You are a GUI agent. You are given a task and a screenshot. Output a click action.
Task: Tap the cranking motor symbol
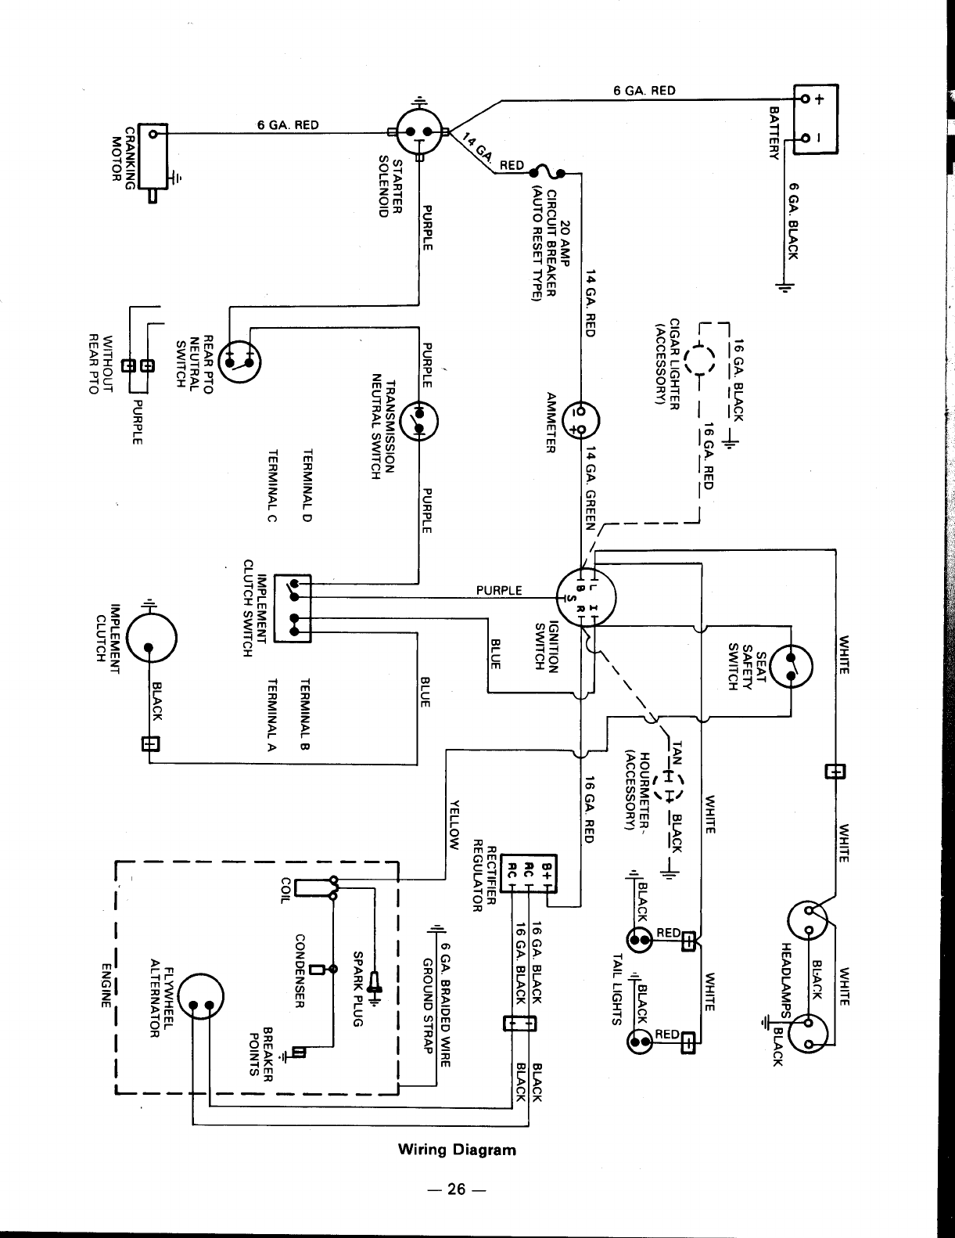[153, 156]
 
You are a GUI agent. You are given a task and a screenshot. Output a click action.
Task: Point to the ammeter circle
[580, 420]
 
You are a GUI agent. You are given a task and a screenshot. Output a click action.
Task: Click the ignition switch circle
[586, 597]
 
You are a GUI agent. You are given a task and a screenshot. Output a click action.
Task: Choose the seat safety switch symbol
[791, 666]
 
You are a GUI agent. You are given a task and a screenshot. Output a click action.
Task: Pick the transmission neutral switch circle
[419, 421]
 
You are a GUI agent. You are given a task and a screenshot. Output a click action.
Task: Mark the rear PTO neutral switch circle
[239, 362]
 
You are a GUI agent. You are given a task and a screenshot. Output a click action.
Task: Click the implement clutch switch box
[293, 609]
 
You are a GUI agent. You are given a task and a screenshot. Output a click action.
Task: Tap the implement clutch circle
[151, 638]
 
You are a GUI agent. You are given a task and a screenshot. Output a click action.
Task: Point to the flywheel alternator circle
[201, 996]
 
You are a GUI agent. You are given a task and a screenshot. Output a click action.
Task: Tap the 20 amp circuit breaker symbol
[547, 171]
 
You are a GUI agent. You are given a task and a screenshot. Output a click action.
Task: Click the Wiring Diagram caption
[457, 1149]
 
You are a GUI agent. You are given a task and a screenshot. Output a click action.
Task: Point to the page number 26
[457, 1189]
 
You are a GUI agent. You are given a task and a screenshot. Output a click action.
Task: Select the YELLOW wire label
[454, 826]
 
